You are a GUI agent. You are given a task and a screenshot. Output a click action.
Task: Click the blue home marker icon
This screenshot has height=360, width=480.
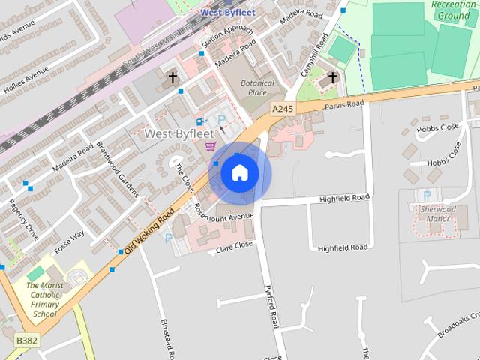(239, 173)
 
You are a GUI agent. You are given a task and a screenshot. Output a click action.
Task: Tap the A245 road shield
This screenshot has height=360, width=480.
(281, 109)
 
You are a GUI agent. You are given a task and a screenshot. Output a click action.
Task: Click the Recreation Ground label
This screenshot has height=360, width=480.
(453, 10)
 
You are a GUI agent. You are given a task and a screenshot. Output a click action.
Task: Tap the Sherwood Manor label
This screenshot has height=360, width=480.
(438, 214)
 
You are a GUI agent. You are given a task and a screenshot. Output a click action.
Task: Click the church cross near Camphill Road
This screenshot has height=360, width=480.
(333, 77)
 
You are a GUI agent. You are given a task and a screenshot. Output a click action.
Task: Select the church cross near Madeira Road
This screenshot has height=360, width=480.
(172, 76)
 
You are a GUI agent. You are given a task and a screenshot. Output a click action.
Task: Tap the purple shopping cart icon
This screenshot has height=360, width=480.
(211, 145)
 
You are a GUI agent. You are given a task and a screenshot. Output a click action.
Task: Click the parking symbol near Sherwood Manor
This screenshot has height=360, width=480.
(427, 195)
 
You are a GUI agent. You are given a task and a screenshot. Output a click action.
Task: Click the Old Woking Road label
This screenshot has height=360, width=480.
(149, 231)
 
